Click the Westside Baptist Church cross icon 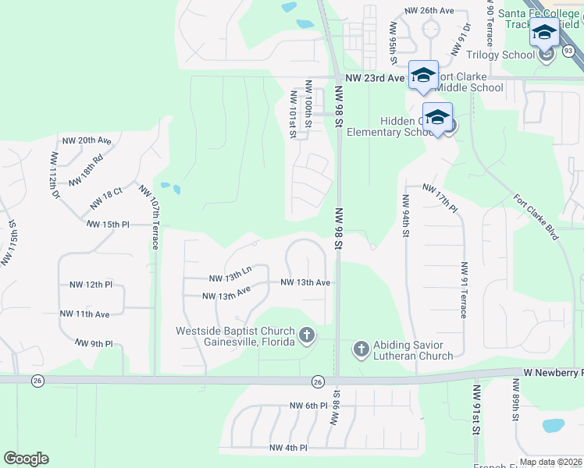pyautogui.click(x=307, y=336)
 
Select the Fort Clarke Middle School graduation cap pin pyautogui.click(x=423, y=75)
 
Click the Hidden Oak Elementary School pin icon pyautogui.click(x=437, y=118)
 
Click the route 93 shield pyautogui.click(x=568, y=51)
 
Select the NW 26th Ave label pyautogui.click(x=429, y=11)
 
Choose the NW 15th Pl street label pyautogui.click(x=108, y=224)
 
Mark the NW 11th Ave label pyautogui.click(x=85, y=314)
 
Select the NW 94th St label pyautogui.click(x=406, y=216)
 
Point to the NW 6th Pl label pyautogui.click(x=308, y=406)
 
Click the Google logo pyautogui.click(x=26, y=459)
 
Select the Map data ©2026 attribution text pyautogui.click(x=550, y=462)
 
